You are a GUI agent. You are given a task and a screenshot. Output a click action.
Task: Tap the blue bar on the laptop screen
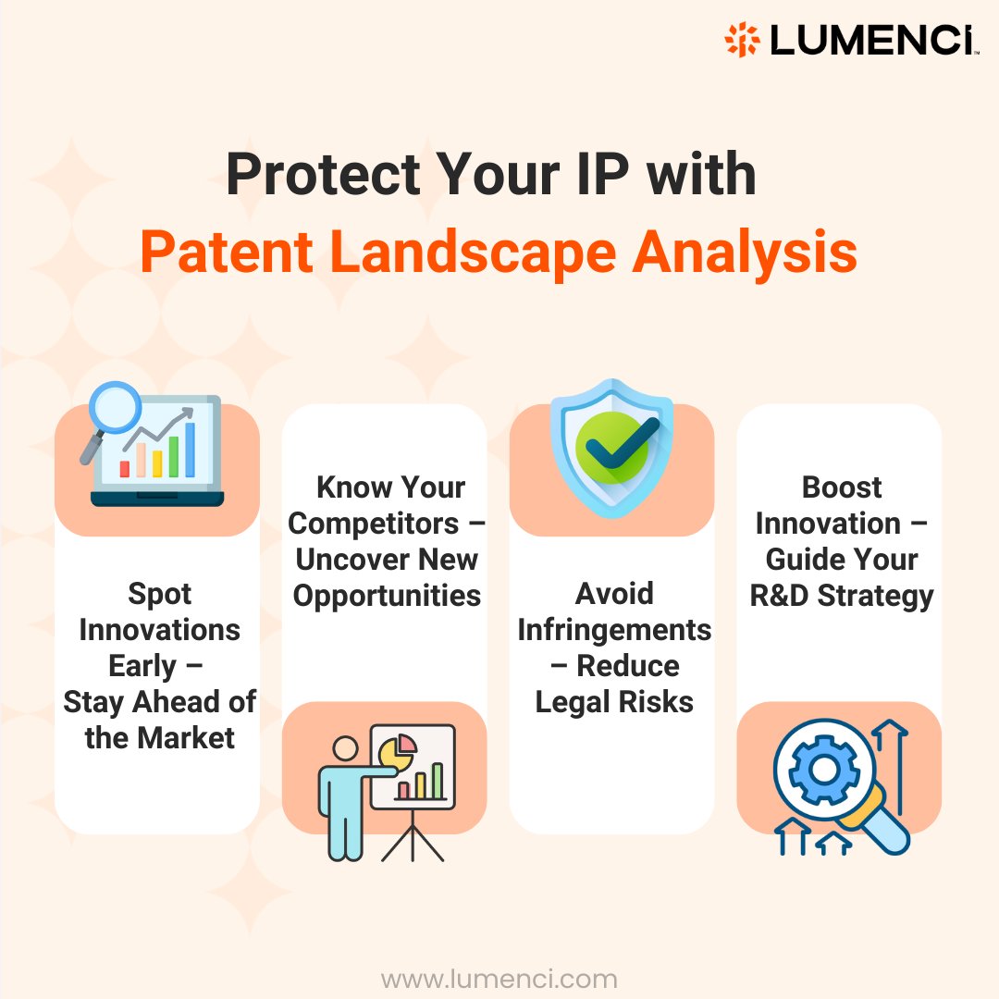(190, 450)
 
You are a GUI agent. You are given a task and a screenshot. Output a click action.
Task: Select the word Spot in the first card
(160, 594)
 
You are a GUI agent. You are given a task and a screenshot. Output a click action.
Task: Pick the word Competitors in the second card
(373, 523)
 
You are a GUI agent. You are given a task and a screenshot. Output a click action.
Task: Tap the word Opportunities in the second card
(387, 595)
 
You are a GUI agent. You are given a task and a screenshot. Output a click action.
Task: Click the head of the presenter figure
(345, 748)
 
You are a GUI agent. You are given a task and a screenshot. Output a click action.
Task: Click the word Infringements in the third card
(614, 630)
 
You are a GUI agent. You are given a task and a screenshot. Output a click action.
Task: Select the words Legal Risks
(614, 702)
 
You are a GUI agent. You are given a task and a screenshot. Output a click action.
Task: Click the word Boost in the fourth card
(842, 487)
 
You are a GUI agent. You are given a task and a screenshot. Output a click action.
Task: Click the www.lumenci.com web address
(499, 979)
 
